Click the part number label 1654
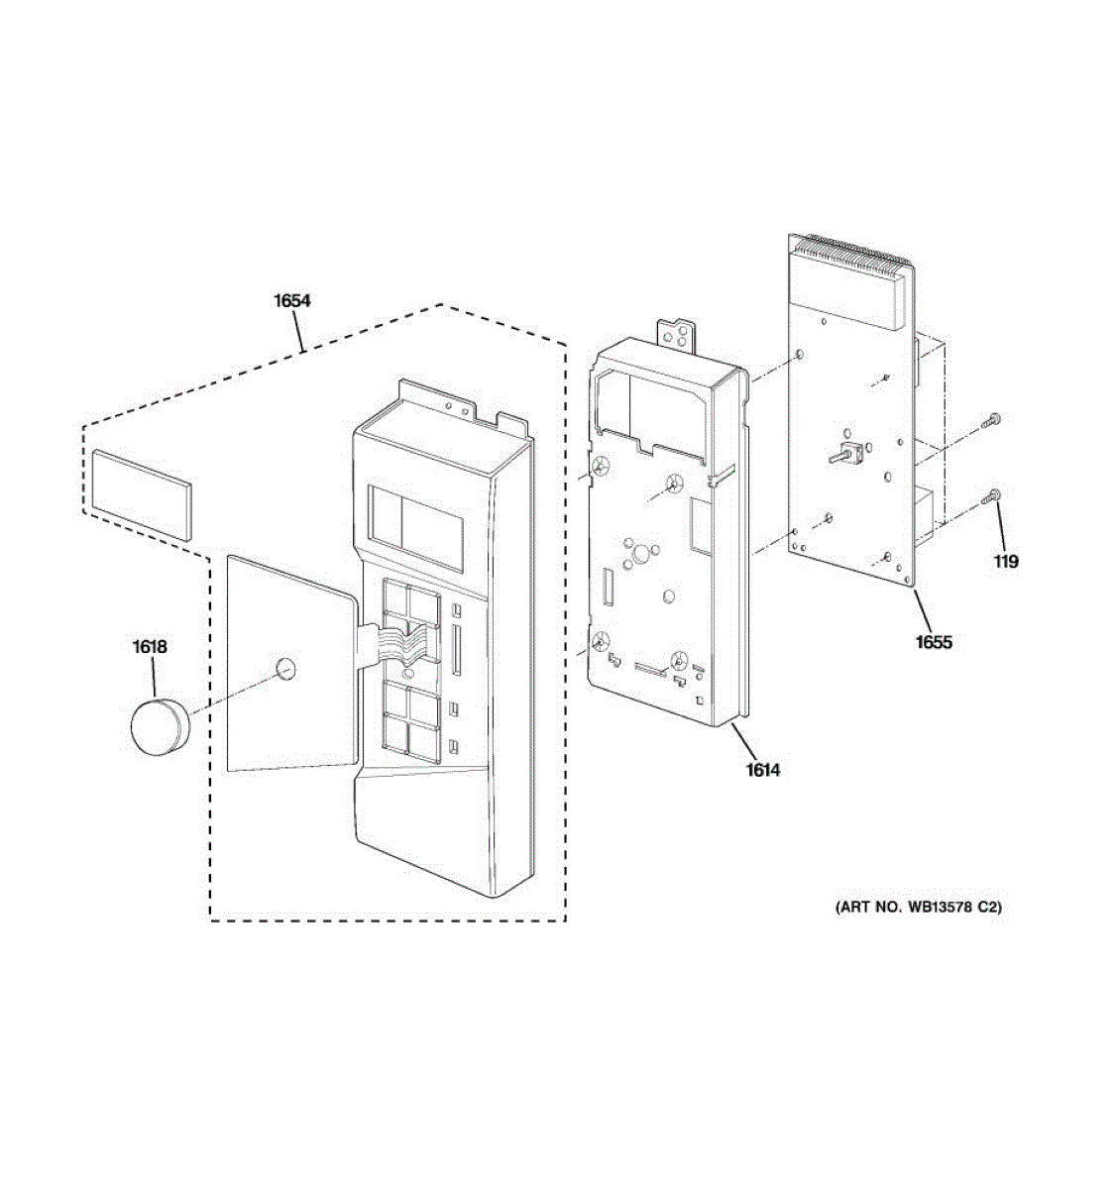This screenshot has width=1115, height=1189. [292, 300]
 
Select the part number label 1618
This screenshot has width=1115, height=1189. [150, 647]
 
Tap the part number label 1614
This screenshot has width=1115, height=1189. [763, 769]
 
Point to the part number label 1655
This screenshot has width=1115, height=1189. [934, 642]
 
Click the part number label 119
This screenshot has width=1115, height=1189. [1006, 562]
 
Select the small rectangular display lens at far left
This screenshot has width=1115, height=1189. [140, 493]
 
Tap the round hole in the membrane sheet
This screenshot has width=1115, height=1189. [285, 669]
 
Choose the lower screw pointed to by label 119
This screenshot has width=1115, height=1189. [992, 497]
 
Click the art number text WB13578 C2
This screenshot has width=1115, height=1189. [918, 906]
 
